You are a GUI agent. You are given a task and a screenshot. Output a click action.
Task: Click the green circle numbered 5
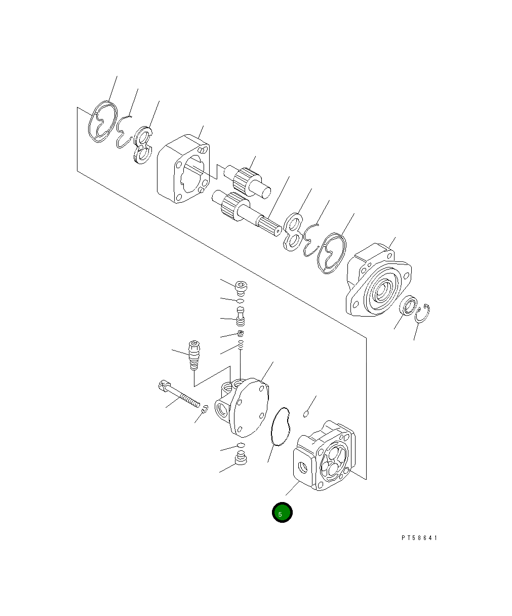[282, 512]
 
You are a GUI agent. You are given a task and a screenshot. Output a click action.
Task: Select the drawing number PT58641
[419, 538]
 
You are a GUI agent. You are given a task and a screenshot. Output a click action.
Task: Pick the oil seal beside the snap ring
[408, 306]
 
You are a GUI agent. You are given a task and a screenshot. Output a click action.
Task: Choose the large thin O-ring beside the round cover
[280, 426]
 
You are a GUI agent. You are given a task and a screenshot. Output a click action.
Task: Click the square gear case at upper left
[183, 169]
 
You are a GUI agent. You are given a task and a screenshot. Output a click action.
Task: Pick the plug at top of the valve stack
[242, 288]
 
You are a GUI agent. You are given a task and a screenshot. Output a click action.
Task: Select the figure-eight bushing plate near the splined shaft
[292, 232]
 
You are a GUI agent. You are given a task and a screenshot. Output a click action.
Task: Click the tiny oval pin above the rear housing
[306, 414]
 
